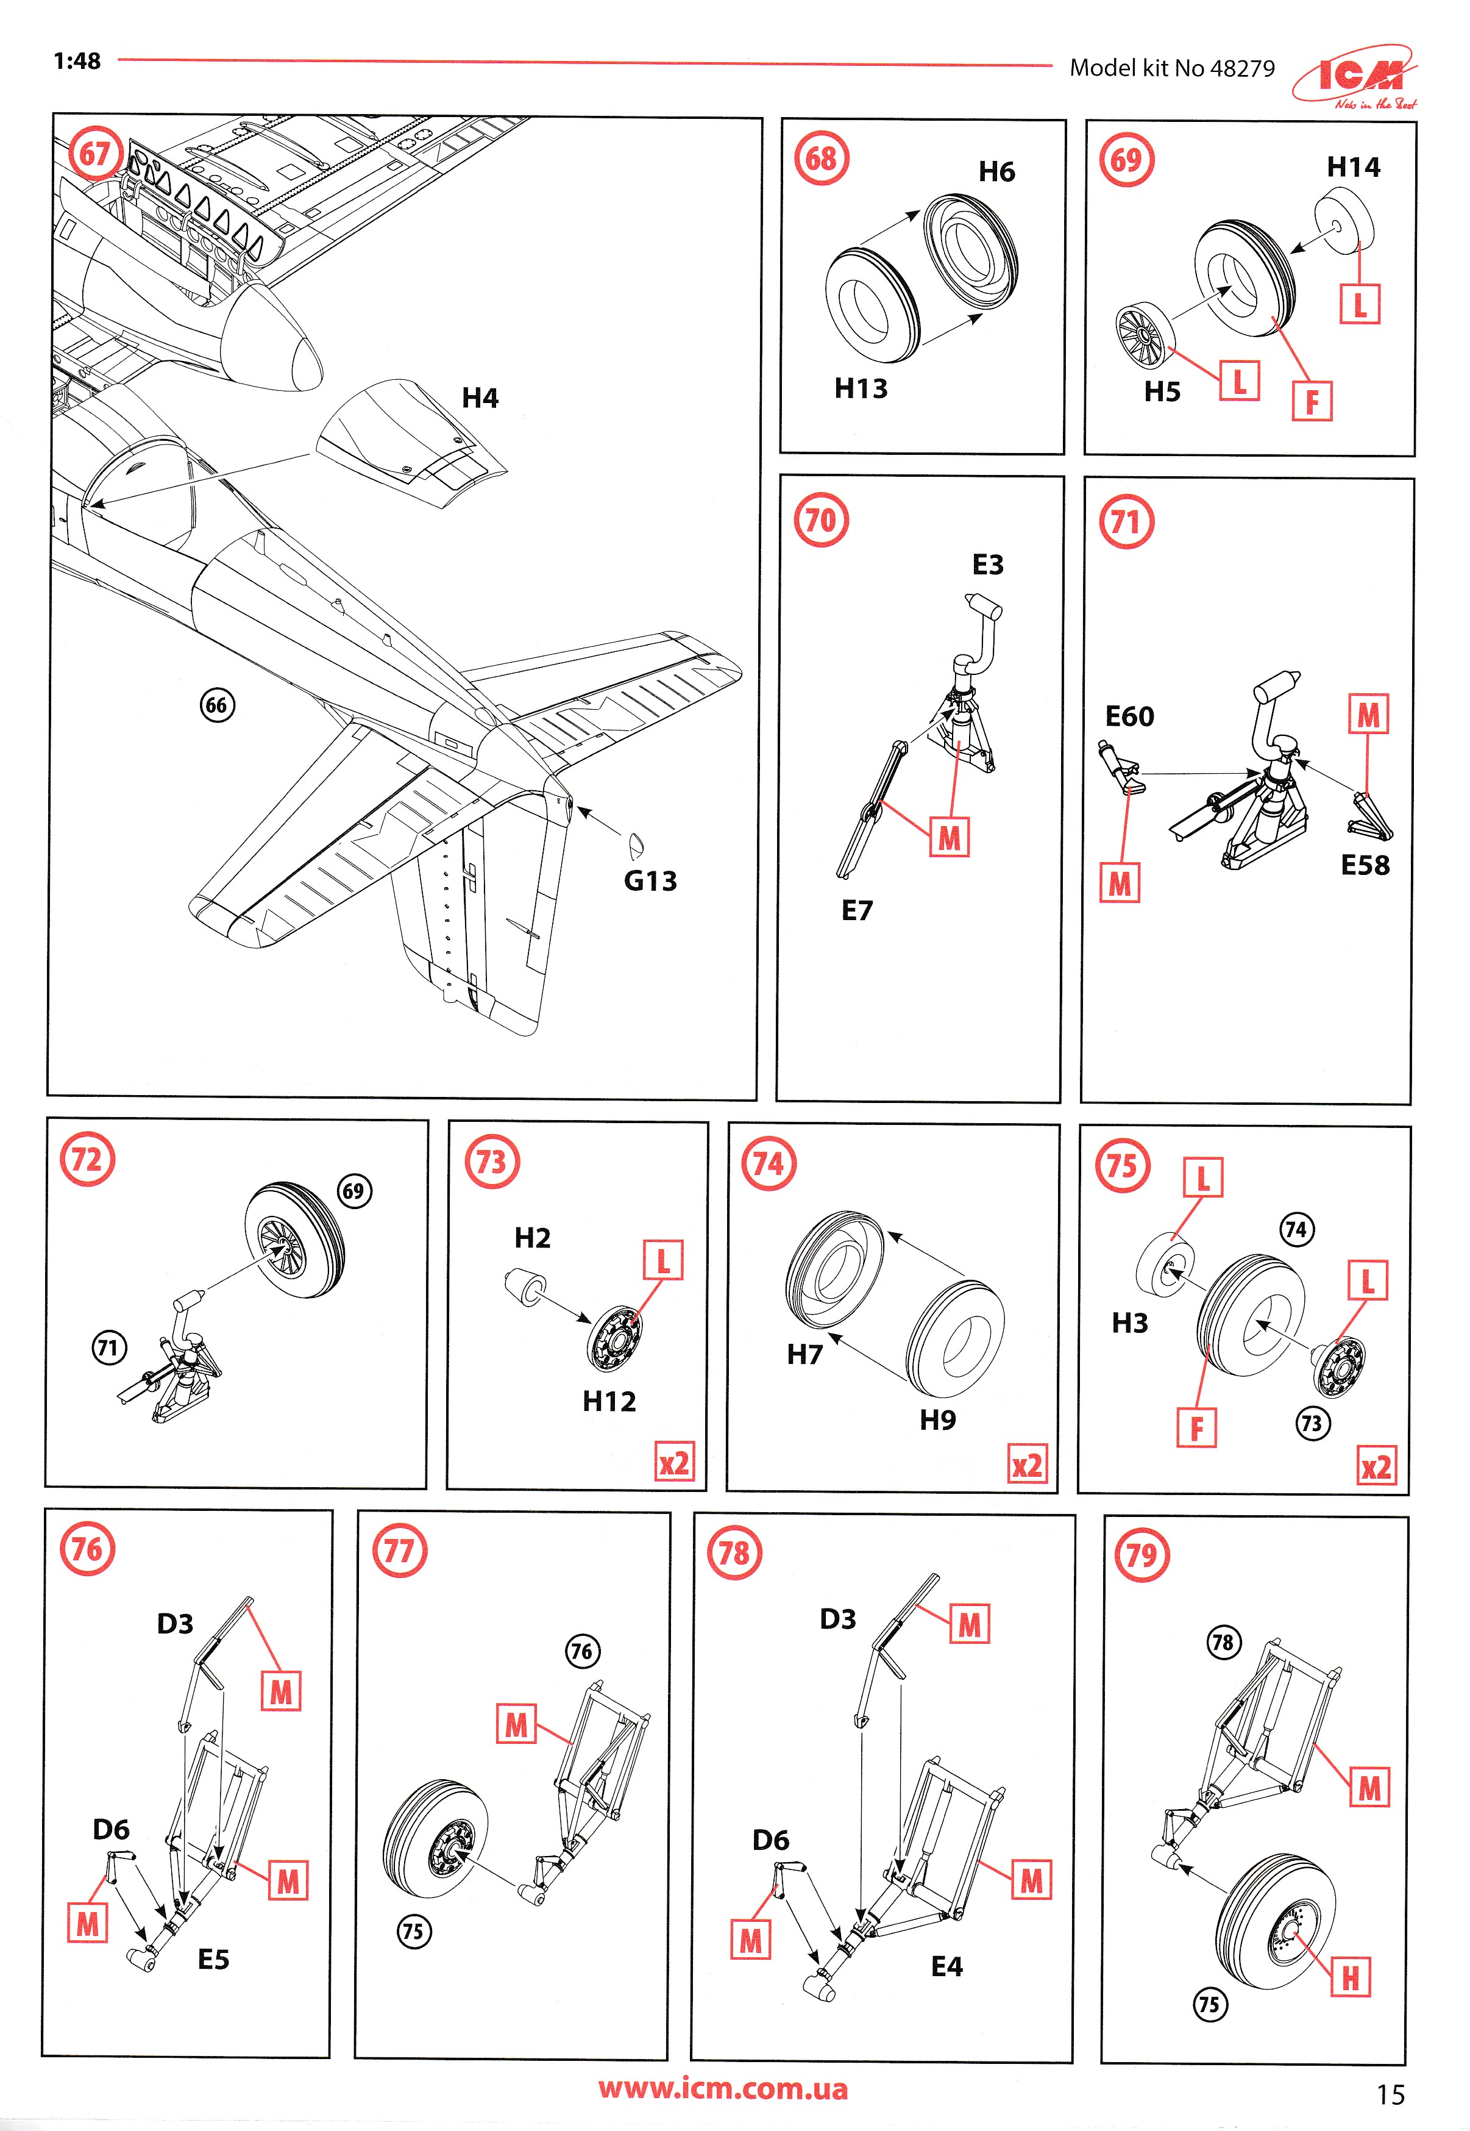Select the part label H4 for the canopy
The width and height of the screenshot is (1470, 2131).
click(x=480, y=398)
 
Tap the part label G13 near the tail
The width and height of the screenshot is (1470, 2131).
click(x=650, y=882)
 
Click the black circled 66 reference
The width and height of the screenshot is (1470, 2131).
click(x=218, y=705)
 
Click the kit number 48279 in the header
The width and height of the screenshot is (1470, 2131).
click(x=1243, y=68)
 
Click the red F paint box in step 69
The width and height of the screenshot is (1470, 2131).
click(x=1312, y=402)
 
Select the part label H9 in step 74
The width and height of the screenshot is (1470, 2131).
click(x=937, y=1419)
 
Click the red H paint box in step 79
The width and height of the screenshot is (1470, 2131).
click(x=1351, y=1977)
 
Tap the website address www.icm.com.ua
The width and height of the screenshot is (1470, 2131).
click(x=723, y=2088)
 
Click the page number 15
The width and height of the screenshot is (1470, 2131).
click(x=1390, y=2095)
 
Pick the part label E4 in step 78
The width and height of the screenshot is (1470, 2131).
click(x=947, y=1967)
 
